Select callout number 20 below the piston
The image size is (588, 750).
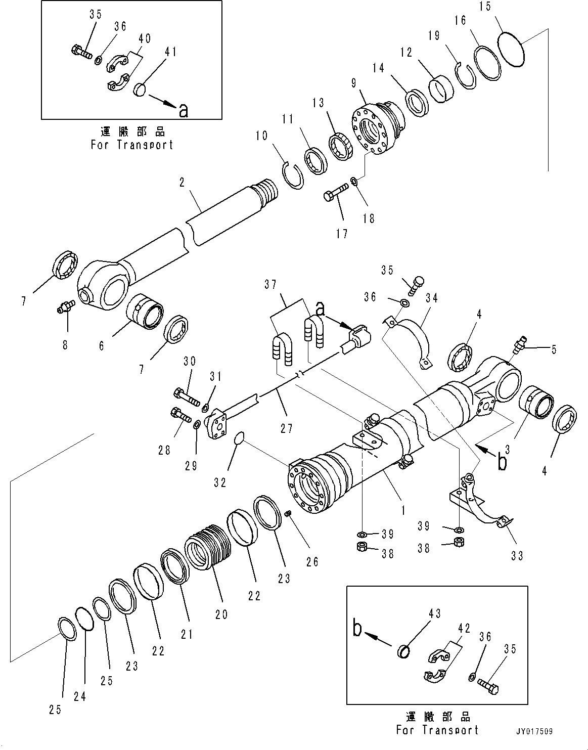(x=221, y=614)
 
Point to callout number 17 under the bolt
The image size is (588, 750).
(x=342, y=234)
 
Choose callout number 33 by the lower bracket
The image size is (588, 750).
(x=516, y=555)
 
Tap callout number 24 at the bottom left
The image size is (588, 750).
(x=80, y=696)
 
